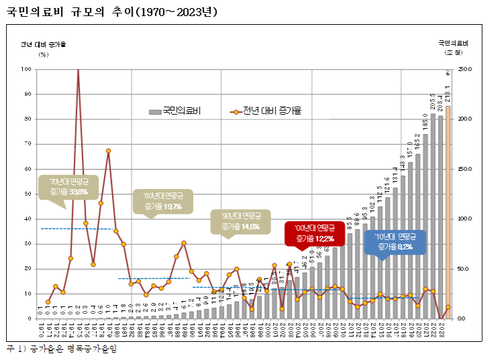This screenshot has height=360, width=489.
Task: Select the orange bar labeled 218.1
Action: coord(448,215)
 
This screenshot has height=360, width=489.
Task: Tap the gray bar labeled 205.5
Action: coord(433,215)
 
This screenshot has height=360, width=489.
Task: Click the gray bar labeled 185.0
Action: coord(425,228)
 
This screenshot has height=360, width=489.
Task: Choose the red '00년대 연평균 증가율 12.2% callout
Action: coord(314,233)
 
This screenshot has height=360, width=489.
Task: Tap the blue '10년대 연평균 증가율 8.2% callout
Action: coord(394,242)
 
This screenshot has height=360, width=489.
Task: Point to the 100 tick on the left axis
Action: coord(28,69)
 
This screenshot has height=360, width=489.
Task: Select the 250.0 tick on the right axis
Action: coord(466,69)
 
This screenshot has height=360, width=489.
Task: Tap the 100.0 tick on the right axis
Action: coord(466,219)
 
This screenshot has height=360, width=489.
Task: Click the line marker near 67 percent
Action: coord(108,151)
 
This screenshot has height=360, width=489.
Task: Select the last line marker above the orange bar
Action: coord(448,307)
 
